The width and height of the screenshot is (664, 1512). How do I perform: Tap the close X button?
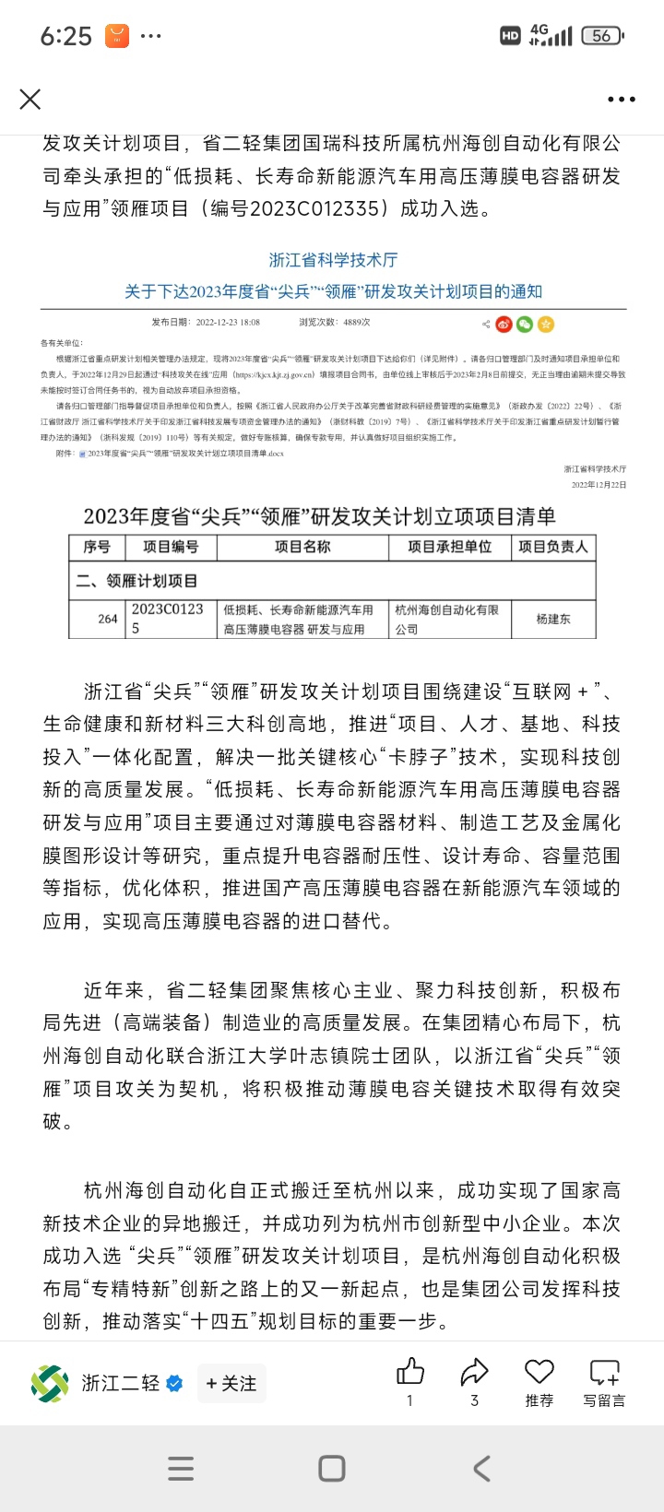[30, 99]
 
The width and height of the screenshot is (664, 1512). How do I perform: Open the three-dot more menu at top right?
[621, 100]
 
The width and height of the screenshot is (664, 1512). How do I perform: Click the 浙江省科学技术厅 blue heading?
[333, 260]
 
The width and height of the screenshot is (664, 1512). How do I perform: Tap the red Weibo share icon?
[504, 324]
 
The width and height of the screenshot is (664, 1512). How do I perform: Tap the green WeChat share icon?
[525, 324]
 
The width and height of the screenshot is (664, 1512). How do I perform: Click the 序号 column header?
[97, 547]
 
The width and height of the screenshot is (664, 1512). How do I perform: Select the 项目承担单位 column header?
[450, 547]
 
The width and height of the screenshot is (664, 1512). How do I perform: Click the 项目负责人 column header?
[552, 547]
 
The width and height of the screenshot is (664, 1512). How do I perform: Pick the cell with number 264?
[108, 619]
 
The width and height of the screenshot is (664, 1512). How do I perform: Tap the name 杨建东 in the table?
[553, 619]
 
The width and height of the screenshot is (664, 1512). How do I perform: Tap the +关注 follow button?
[231, 1383]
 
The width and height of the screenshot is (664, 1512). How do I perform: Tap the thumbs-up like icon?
[409, 1373]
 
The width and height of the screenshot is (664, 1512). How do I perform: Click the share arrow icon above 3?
[474, 1373]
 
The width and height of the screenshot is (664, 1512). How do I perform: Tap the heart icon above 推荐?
[539, 1372]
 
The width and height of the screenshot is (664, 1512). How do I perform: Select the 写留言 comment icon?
[604, 1373]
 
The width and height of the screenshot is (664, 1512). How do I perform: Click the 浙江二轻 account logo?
[50, 1383]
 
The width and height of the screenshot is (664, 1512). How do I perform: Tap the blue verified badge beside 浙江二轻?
[174, 1383]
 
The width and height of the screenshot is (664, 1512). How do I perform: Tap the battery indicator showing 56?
[602, 36]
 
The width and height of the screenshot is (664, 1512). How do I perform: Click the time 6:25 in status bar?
[66, 36]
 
